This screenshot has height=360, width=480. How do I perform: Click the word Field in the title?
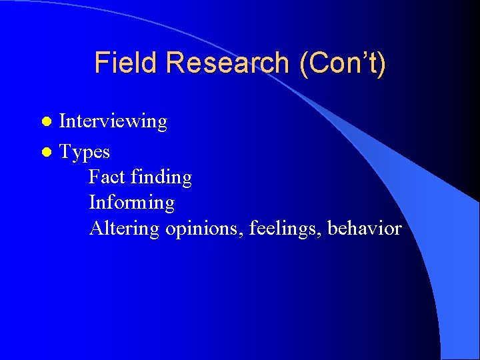(x=127, y=63)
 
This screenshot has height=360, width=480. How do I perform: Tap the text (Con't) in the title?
(x=343, y=63)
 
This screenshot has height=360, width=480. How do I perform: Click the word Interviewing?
(x=113, y=122)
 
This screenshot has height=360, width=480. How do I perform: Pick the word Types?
(x=85, y=153)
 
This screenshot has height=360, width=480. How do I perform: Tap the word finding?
(x=161, y=177)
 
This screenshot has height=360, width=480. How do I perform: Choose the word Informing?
(x=131, y=203)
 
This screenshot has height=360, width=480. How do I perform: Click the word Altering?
(x=124, y=229)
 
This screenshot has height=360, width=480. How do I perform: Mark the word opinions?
(x=204, y=229)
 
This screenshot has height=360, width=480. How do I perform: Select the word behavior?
(x=365, y=229)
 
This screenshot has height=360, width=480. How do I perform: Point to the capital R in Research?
(x=175, y=63)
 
